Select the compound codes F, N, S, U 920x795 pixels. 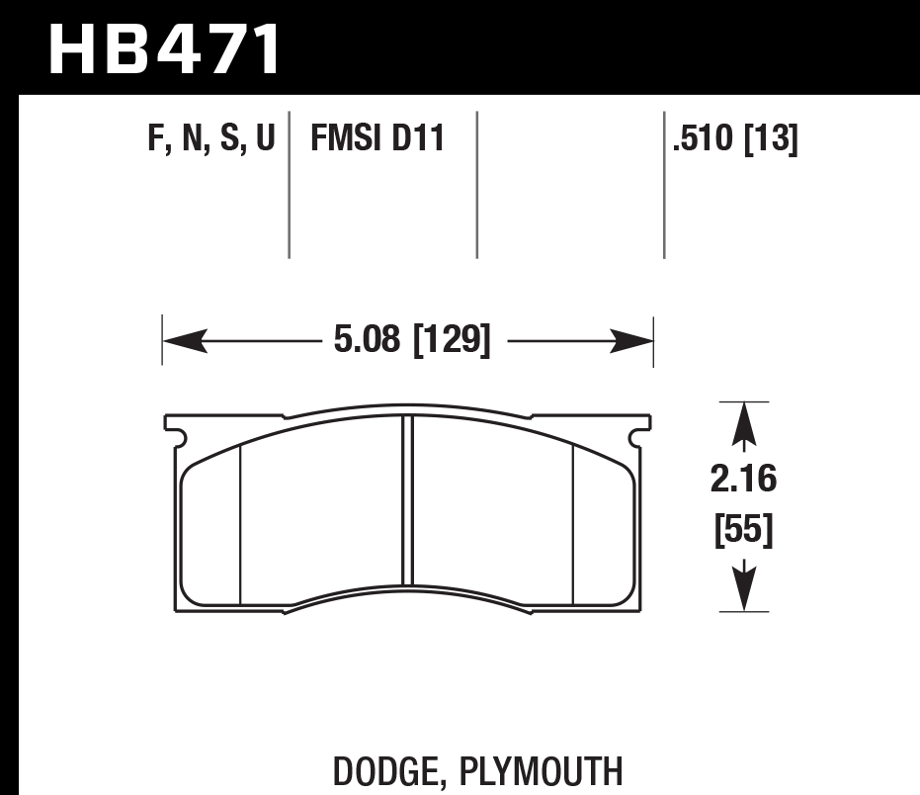click(x=210, y=139)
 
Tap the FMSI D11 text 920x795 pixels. click(x=377, y=139)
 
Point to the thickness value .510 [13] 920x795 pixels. click(x=734, y=139)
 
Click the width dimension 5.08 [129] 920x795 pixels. click(x=412, y=341)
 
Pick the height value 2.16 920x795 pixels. click(x=743, y=481)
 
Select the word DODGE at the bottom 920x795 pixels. click(x=379, y=770)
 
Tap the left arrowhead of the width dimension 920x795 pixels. click(x=183, y=341)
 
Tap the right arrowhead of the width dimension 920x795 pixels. click(x=633, y=341)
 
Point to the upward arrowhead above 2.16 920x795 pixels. click(x=743, y=424)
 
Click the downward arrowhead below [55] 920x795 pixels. click(x=743, y=588)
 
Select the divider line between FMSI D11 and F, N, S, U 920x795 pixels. click(x=289, y=184)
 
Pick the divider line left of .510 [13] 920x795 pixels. click(x=664, y=184)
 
